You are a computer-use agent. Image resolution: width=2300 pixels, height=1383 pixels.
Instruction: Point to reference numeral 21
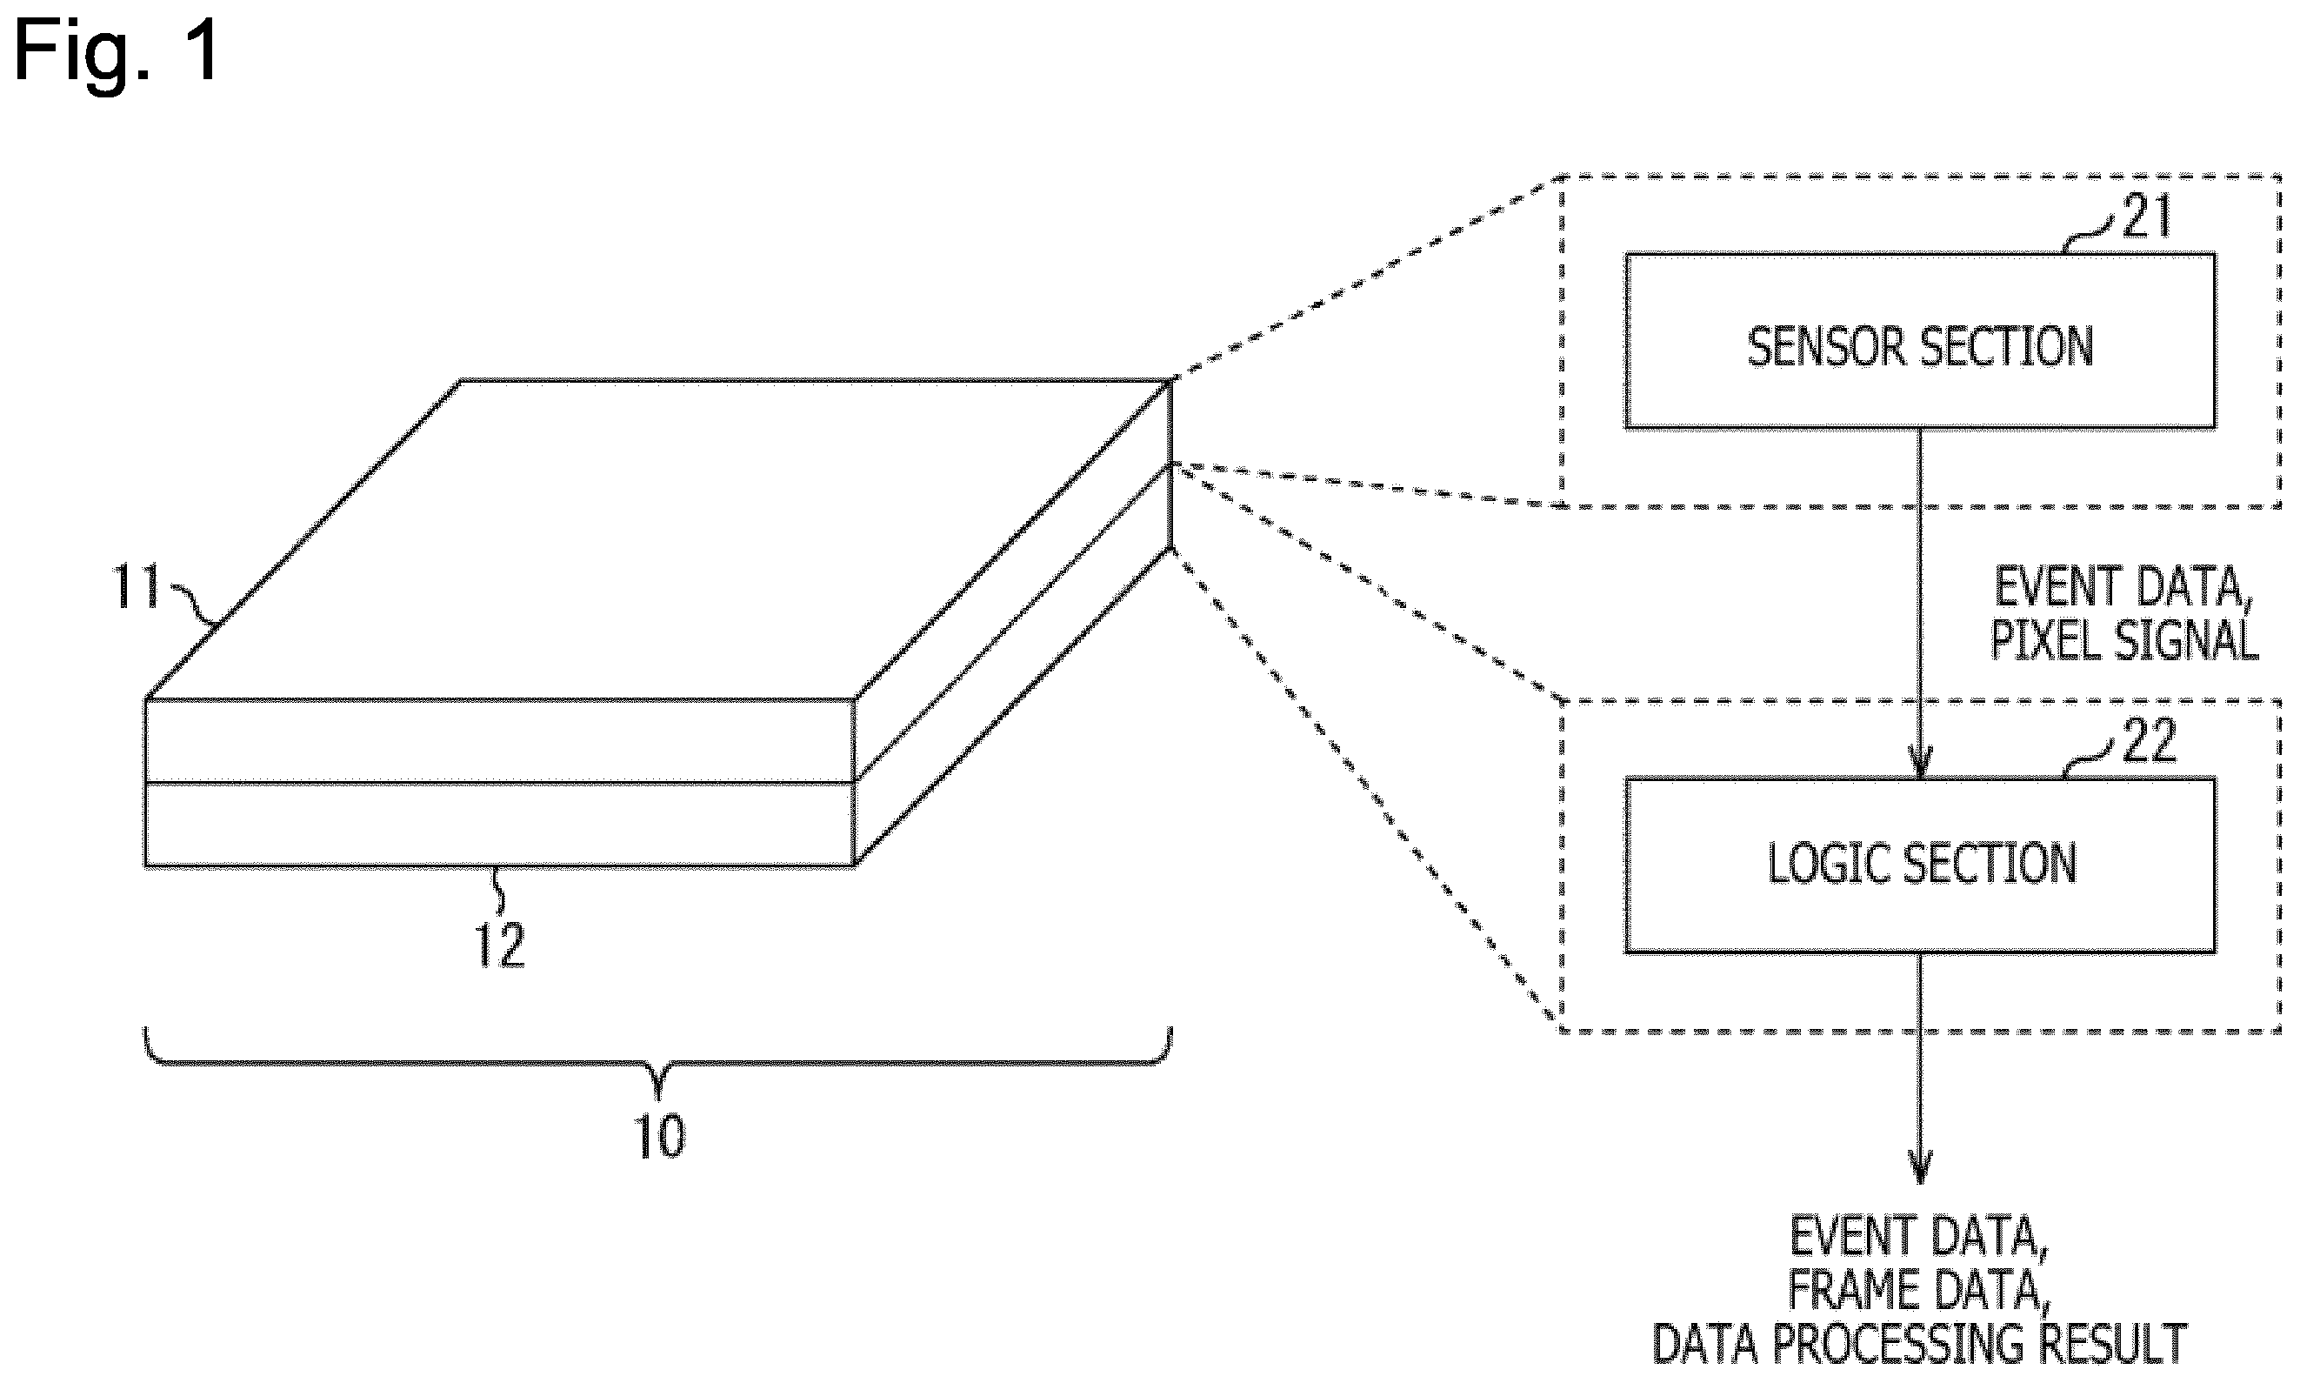tap(2146, 217)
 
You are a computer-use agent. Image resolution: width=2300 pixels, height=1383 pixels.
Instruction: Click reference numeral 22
tap(2148, 741)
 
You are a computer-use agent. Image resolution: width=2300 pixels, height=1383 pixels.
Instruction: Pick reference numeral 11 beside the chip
tap(136, 587)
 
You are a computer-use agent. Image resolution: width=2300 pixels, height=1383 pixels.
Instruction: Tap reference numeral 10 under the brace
tap(658, 1137)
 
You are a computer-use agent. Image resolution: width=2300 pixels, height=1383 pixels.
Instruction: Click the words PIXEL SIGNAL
tap(2124, 640)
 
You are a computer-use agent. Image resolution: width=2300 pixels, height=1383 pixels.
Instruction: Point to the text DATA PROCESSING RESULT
tap(1919, 1345)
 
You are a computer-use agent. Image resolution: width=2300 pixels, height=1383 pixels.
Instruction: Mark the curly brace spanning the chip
tap(657, 1062)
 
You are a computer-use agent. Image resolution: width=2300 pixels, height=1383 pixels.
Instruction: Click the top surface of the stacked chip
tap(658, 538)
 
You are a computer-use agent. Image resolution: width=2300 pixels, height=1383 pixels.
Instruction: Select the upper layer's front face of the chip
tap(499, 740)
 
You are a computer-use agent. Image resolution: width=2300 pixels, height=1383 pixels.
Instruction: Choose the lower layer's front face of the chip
tap(499, 824)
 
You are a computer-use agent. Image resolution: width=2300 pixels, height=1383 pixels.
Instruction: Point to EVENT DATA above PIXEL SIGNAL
tap(2121, 587)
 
